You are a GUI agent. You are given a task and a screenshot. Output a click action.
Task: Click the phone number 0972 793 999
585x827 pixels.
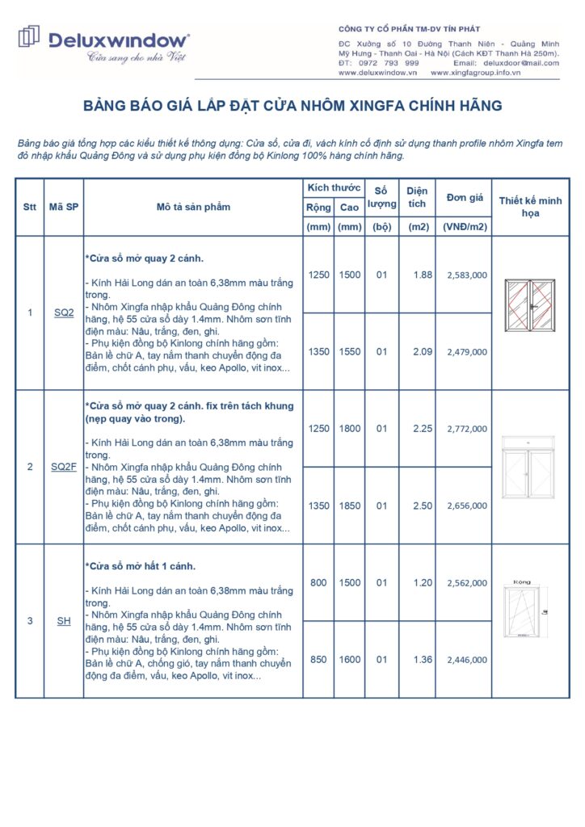[x=392, y=62]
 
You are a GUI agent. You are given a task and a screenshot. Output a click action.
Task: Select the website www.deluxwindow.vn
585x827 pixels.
[x=377, y=72]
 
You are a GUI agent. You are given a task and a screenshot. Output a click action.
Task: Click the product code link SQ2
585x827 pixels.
[x=64, y=312]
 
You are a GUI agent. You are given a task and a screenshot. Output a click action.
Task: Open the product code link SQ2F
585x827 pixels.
[x=64, y=467]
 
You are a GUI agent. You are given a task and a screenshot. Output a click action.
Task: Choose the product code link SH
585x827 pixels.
[x=64, y=620]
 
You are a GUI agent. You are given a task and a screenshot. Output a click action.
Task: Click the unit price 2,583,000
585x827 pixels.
[x=466, y=275]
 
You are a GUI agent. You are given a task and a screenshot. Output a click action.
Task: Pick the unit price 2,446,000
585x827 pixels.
[x=466, y=660]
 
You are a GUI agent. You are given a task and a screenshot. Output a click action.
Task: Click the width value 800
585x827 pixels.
[x=318, y=582]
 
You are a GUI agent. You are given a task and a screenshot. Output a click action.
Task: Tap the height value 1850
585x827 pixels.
[x=350, y=506]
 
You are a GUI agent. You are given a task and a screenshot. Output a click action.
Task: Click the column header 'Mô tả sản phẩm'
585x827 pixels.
[x=193, y=207]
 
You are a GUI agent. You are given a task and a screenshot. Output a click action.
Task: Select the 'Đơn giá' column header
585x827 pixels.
[x=465, y=198]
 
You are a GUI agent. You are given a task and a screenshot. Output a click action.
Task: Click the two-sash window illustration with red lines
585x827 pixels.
[x=529, y=305]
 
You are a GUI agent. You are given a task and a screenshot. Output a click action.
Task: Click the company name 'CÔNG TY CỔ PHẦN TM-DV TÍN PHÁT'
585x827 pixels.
[x=409, y=29]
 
